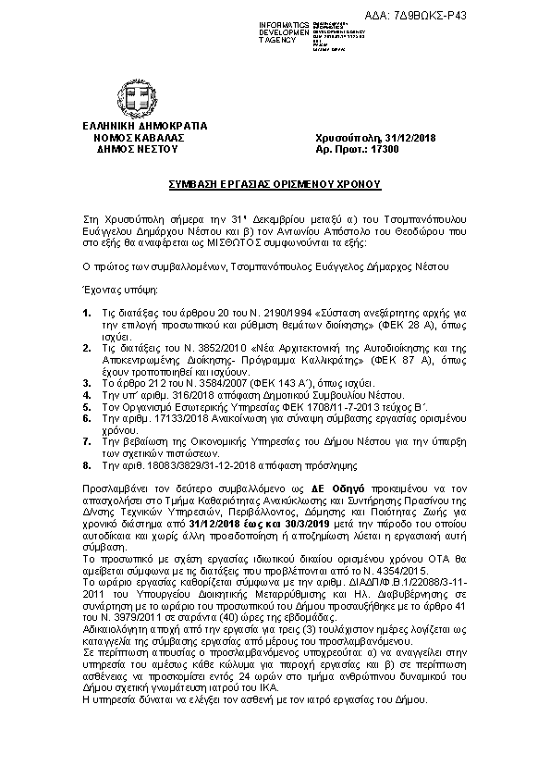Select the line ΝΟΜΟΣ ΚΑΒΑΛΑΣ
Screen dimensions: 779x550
[132, 137]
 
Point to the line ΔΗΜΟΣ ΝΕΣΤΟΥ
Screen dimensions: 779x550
[132, 148]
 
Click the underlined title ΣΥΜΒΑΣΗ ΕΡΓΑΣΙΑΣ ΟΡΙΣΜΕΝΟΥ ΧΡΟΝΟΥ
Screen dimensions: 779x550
[275, 184]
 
